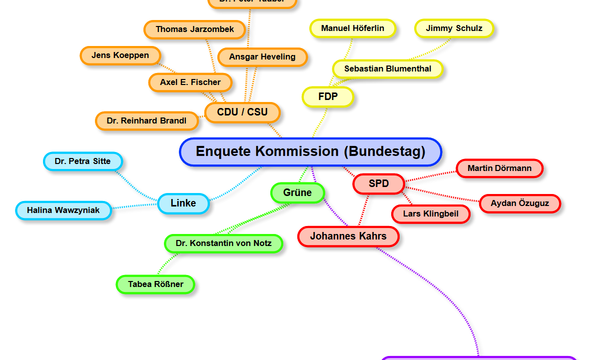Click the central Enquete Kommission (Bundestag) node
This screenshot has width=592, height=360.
pyautogui.click(x=310, y=151)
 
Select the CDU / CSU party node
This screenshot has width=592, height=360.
pyautogui.click(x=242, y=112)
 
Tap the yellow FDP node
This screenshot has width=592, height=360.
pyautogui.click(x=328, y=96)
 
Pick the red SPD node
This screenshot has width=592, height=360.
pyautogui.click(x=378, y=184)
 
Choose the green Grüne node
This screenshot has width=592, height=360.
pyautogui.click(x=297, y=193)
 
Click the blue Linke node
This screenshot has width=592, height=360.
pyautogui.click(x=183, y=203)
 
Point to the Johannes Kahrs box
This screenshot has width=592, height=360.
pyautogui.click(x=348, y=236)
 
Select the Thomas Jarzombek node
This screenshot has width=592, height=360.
pyautogui.click(x=195, y=29)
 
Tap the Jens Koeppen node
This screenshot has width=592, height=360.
pyautogui.click(x=120, y=55)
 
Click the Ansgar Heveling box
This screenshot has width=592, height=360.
pyautogui.click(x=262, y=57)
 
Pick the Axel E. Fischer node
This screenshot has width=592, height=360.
pyautogui.click(x=190, y=82)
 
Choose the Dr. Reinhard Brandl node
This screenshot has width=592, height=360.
pyautogui.click(x=146, y=121)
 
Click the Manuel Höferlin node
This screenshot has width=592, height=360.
pyautogui.click(x=353, y=28)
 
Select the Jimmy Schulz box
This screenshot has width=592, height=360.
pyautogui.click(x=454, y=28)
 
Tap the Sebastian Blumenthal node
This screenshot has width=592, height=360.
pyautogui.click(x=388, y=69)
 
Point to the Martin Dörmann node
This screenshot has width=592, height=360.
pyautogui.click(x=499, y=168)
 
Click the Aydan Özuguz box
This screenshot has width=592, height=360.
pyautogui.click(x=520, y=203)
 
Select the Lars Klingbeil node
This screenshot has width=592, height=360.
pyautogui.click(x=431, y=214)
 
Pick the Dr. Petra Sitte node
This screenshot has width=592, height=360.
pyautogui.click(x=83, y=161)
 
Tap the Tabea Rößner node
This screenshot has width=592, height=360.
pyautogui.click(x=155, y=284)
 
